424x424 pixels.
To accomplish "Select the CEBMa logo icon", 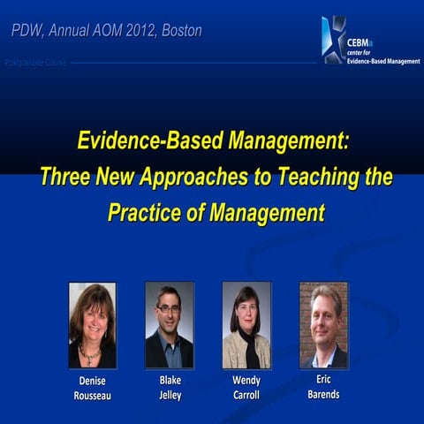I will pos(333,40).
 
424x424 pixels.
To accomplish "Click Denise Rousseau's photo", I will pos(92,325).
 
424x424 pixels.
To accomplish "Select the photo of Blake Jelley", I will pos(169,325).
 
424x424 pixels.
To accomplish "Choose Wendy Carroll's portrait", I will pos(246,325).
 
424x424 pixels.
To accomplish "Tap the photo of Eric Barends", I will pos(323,325).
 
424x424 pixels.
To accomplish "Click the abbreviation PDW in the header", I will pos(26,31).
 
